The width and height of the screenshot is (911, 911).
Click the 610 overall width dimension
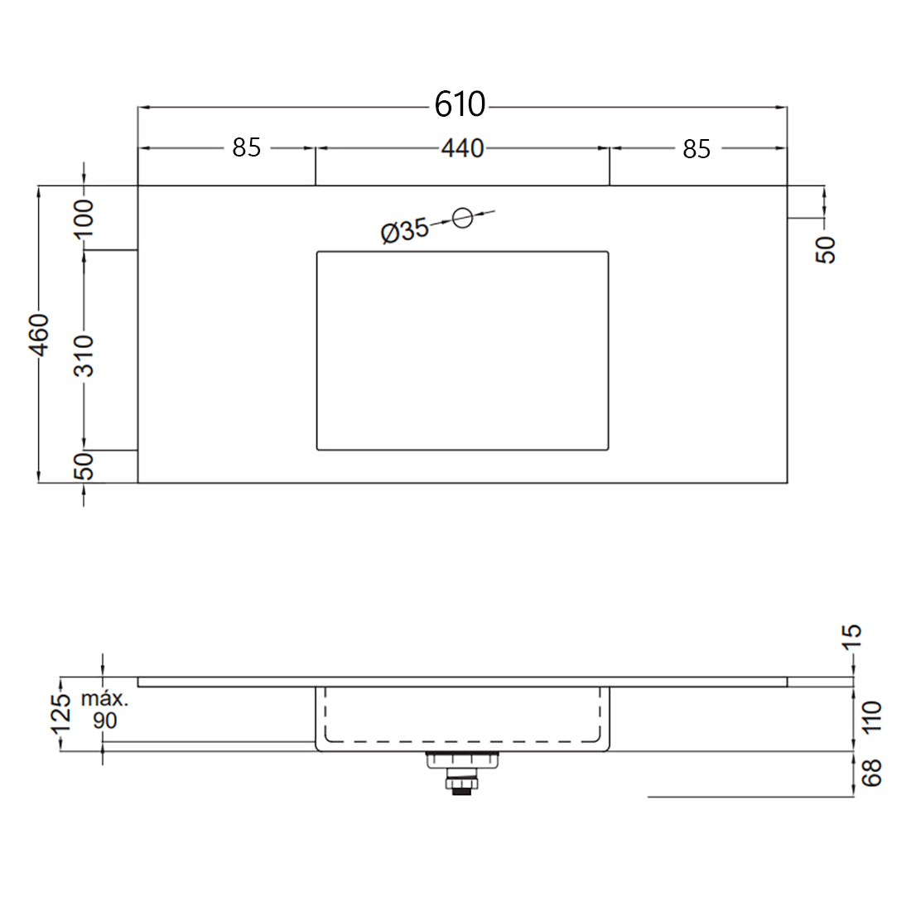[460, 104]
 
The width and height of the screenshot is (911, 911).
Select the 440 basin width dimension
[462, 148]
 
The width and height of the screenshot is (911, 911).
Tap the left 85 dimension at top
[246, 147]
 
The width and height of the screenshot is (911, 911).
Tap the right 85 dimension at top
[697, 149]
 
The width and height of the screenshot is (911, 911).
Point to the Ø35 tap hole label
[404, 231]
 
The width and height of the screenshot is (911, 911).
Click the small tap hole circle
[463, 218]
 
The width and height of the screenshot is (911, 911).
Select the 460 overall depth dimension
[39, 335]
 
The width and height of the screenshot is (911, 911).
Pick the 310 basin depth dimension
[85, 356]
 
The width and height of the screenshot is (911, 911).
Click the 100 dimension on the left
[85, 218]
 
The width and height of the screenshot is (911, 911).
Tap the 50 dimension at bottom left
[85, 467]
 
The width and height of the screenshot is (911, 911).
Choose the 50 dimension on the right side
[827, 249]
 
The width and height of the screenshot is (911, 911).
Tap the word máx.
[104, 698]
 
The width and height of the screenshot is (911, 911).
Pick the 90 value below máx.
[105, 721]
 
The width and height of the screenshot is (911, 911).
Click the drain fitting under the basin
[462, 771]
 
